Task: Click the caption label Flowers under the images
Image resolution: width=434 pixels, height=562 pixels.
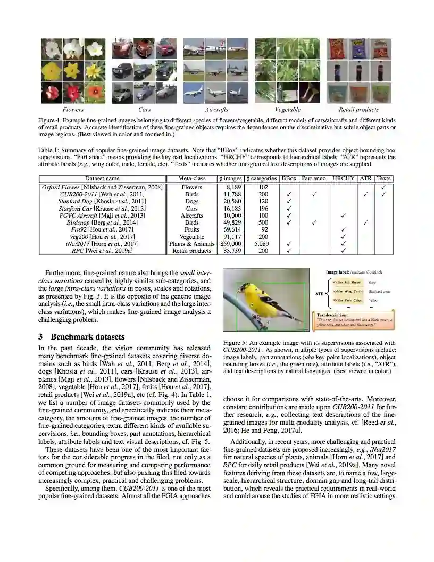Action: pyautogui.click(x=62, y=110)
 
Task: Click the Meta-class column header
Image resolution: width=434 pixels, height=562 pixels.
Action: pyautogui.click(x=191, y=178)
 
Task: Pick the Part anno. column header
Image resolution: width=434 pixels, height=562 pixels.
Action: pyautogui.click(x=314, y=178)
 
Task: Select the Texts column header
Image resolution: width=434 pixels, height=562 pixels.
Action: pyautogui.click(x=383, y=178)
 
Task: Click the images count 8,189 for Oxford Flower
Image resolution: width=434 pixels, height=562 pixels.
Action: pyautogui.click(x=230, y=187)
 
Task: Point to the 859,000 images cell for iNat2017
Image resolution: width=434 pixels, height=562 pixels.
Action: pyautogui.click(x=230, y=243)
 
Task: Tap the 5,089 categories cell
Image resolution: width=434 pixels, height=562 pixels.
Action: pyautogui.click(x=263, y=243)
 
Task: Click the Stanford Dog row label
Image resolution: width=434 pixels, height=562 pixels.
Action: pyautogui.click(x=103, y=201)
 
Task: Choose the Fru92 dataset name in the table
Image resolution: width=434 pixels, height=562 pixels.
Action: pyautogui.click(x=103, y=229)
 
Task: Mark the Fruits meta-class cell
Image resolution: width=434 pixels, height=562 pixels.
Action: pyautogui.click(x=191, y=229)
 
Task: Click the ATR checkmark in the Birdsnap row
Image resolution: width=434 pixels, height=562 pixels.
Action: pyautogui.click(x=365, y=222)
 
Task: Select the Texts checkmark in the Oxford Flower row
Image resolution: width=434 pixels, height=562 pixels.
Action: pyautogui.click(x=383, y=187)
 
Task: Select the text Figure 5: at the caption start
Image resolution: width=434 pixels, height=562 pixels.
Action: pyautogui.click(x=235, y=343)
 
